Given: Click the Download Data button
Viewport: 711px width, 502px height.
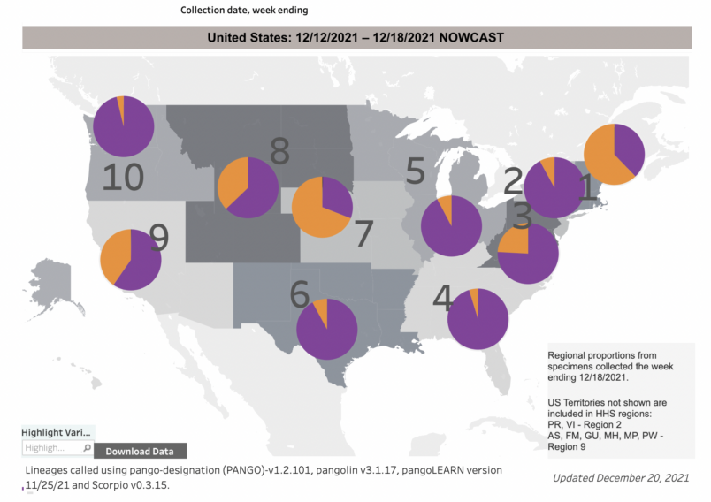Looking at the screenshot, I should tap(140, 451).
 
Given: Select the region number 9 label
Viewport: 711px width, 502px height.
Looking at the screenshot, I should tap(159, 236).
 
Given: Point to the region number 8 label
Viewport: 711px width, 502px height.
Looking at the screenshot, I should tap(279, 152).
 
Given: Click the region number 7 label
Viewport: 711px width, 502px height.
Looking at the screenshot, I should tap(364, 233).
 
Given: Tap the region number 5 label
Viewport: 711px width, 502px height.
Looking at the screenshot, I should tap(416, 171).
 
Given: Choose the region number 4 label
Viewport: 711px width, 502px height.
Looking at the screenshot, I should tap(442, 299).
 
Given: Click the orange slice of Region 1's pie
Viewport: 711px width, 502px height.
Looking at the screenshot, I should tap(602, 159).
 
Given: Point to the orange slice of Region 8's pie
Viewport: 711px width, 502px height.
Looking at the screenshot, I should tap(234, 181).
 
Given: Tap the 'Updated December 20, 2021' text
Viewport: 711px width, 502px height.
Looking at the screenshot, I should tap(620, 478).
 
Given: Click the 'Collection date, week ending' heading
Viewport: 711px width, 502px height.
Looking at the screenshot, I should tap(244, 10).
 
